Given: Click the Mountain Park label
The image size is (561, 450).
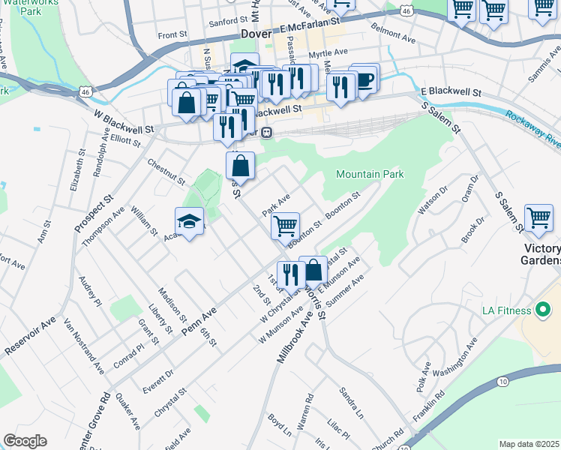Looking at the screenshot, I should tap(370, 175).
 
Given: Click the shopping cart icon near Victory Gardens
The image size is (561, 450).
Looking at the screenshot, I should tap(538, 218).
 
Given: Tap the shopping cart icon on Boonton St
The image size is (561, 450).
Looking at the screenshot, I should tap(285, 225).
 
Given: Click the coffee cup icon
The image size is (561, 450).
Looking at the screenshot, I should tap(364, 79).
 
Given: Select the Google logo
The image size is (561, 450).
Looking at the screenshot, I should tap(25, 441).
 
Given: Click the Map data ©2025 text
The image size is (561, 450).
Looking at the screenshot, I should tap(529, 444).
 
